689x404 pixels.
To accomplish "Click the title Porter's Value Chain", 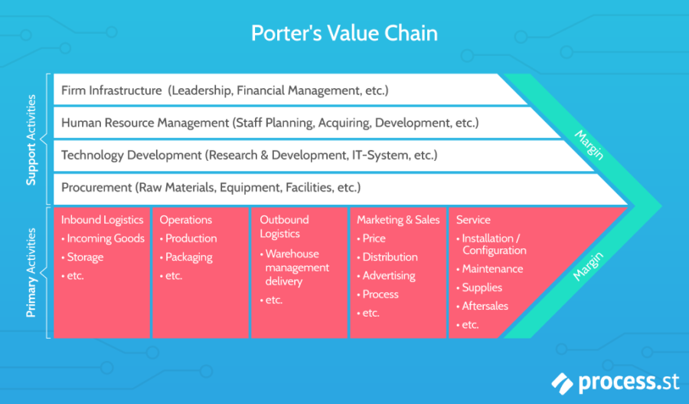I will [344, 34].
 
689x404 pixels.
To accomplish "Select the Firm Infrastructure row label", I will [111, 90].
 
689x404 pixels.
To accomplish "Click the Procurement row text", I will [96, 187].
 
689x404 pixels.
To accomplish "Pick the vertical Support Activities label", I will [31, 140].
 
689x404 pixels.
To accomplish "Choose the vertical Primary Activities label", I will [31, 272].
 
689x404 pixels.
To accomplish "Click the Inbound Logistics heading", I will [102, 220].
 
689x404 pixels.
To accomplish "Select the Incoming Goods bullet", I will [106, 238].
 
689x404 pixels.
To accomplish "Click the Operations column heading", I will [185, 220].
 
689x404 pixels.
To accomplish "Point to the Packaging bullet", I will [188, 257].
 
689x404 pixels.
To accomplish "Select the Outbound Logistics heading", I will [284, 227].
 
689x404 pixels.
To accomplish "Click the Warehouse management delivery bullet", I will [297, 268].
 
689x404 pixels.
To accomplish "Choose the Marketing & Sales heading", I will [398, 220].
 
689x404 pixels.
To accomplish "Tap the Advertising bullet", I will [388, 275].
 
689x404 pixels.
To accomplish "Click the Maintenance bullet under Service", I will [492, 269].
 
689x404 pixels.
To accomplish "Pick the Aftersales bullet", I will [485, 306].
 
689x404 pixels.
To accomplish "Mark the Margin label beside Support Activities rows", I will [589, 143].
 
